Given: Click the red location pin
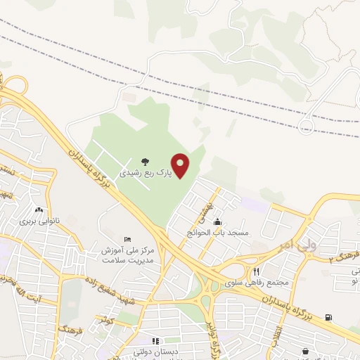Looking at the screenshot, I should [181, 165].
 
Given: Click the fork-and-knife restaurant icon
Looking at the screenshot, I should [257, 271].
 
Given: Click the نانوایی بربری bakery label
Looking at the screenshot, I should [39, 220].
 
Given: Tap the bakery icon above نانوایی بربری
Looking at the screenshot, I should [39, 210].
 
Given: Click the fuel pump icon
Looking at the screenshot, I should [328, 317].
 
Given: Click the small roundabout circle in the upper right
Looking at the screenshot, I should [306, 127].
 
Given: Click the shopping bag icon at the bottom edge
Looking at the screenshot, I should [305, 352].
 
